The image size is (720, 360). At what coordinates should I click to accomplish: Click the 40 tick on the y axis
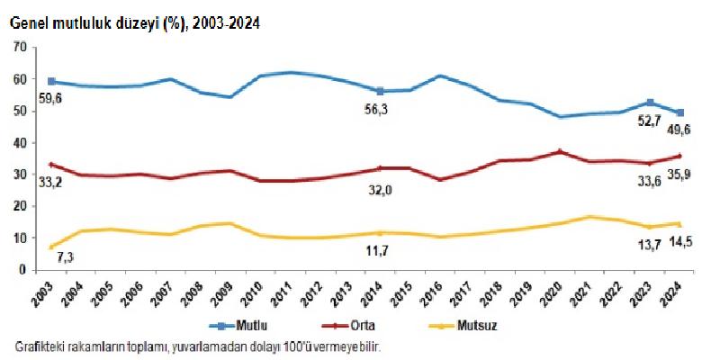18,142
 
